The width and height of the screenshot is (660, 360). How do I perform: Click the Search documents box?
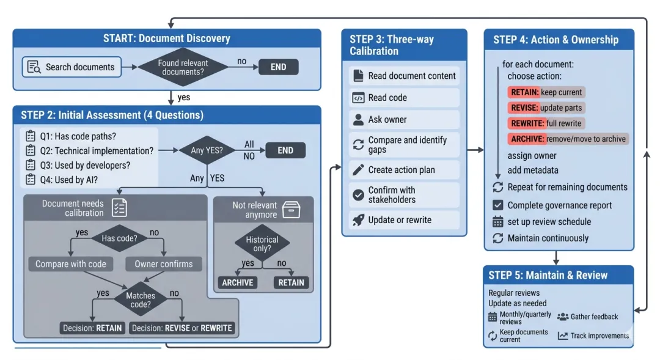71,67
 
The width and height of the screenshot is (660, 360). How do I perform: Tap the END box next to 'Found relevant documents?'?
278,67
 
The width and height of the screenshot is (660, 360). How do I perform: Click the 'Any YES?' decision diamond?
208,150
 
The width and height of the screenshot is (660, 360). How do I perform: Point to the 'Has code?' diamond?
119,238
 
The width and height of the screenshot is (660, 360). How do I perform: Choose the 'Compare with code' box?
71,264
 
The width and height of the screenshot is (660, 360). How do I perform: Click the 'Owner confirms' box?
163,264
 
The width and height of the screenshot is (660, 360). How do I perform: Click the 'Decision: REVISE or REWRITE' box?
182,328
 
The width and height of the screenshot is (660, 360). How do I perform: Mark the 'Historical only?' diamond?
262,243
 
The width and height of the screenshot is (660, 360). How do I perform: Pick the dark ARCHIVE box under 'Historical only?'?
238,282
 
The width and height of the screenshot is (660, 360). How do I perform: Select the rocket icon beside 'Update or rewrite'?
358,220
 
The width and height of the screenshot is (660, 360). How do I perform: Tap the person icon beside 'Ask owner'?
358,120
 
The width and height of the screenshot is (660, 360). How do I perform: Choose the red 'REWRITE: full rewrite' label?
545,123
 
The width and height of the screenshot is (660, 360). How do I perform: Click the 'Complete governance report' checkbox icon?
497,205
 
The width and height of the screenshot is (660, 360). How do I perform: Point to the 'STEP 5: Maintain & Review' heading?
548,275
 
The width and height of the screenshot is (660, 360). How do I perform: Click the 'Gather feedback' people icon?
563,317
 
